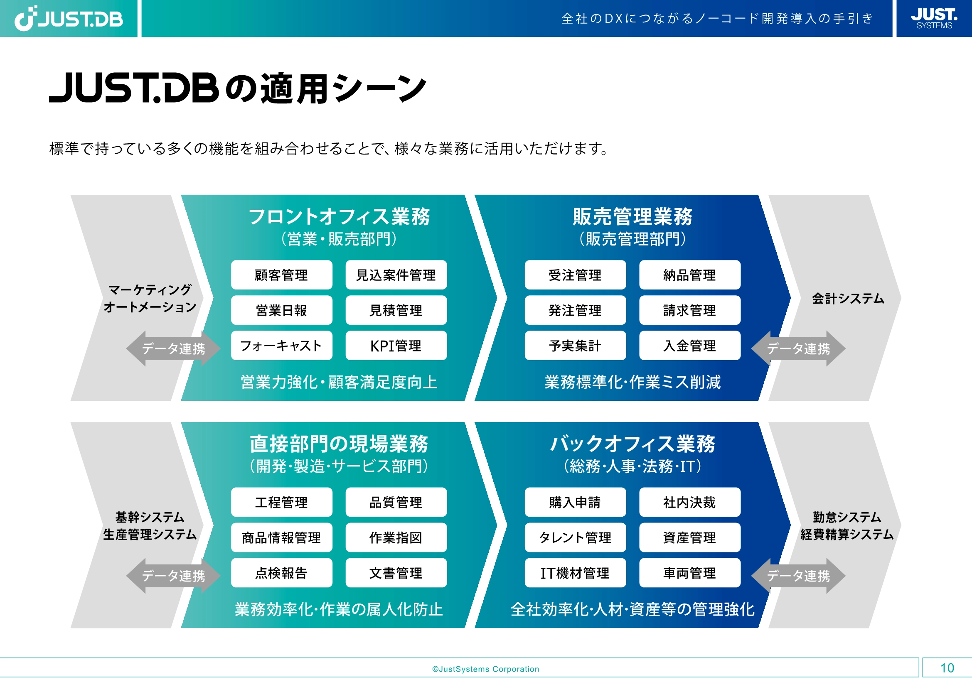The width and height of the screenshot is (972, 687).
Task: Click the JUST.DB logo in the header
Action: coord(69,19)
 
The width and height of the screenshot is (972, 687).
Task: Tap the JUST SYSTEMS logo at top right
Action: coord(933,19)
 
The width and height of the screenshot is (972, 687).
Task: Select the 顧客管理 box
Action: coord(281,275)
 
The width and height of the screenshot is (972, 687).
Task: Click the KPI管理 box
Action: coord(396,346)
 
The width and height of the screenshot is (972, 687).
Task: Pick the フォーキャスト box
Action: coord(281,346)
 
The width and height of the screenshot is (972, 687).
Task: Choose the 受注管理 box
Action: coord(575,275)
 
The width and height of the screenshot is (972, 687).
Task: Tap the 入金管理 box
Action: coord(690,346)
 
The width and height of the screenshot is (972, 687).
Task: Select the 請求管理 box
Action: coord(690,310)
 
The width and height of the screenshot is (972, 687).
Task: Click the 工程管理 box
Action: coord(281,502)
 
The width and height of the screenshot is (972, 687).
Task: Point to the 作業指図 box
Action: coord(396,537)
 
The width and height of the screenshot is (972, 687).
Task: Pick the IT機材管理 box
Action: coord(575,573)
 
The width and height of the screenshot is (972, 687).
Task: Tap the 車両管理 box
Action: coord(690,573)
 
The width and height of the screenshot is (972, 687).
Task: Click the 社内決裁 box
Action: coord(690,502)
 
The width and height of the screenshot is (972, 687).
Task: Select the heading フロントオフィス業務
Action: coord(339,216)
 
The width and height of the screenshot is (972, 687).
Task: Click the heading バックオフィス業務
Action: coord(632,444)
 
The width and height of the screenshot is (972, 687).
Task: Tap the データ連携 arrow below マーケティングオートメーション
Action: coord(173,348)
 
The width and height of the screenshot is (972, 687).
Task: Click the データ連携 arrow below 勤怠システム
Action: coord(798,576)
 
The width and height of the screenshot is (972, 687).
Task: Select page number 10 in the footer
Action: coord(947,668)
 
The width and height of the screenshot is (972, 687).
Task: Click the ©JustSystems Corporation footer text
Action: coord(485,669)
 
